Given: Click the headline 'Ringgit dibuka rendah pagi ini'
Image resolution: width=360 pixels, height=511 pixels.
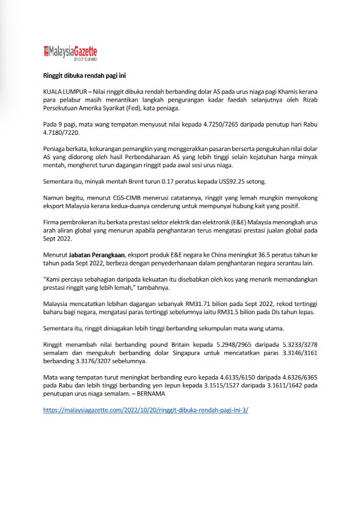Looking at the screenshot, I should click(x=85, y=75).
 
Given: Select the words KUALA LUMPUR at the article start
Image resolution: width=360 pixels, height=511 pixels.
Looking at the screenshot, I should click(x=65, y=92).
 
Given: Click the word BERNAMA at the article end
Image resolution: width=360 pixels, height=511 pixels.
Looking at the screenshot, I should click(x=150, y=393).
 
